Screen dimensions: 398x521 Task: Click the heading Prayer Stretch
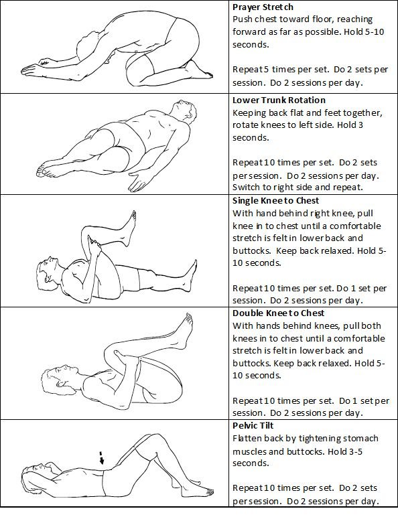pos(263,7)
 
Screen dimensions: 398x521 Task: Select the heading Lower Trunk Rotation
pos(279,100)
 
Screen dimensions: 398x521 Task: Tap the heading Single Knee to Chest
pos(275,201)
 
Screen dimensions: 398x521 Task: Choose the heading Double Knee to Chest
pos(278,313)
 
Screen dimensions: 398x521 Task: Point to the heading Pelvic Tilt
pos(253,426)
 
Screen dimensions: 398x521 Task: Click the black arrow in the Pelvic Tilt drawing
pos(101,457)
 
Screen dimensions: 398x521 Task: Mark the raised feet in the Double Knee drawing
pos(183,331)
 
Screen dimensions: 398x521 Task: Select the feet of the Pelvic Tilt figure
pos(203,491)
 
